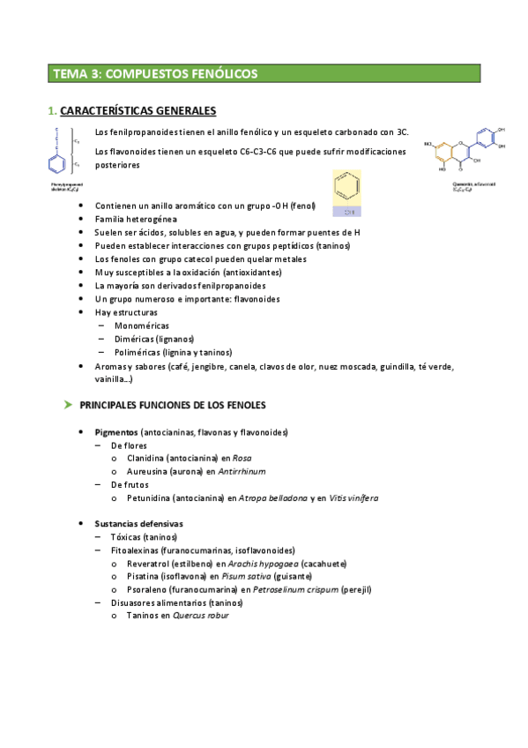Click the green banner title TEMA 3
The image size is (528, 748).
(x=155, y=74)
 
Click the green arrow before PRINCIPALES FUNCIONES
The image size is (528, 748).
(x=67, y=405)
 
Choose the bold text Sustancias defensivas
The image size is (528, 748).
(x=138, y=523)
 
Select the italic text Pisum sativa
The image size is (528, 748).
(x=245, y=576)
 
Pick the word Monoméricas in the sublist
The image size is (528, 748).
(x=142, y=325)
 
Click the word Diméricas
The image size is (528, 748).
(x=135, y=339)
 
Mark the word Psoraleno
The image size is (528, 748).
(x=148, y=588)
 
